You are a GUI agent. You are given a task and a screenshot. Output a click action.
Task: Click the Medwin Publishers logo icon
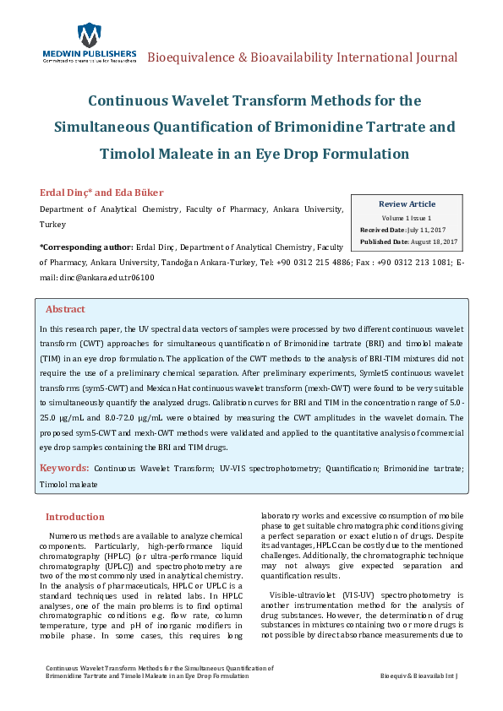(88, 35)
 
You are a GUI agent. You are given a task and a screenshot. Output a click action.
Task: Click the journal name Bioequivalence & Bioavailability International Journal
(303, 58)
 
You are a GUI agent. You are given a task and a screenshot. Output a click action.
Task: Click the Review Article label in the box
(407, 204)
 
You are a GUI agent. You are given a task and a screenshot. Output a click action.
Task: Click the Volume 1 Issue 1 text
(407, 218)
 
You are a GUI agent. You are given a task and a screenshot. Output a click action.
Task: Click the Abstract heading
(65, 310)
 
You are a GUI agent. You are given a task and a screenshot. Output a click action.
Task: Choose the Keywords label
(64, 467)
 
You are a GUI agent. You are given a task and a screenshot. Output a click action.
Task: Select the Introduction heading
(75, 517)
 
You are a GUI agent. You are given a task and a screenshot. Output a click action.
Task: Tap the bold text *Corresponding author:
(85, 248)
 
